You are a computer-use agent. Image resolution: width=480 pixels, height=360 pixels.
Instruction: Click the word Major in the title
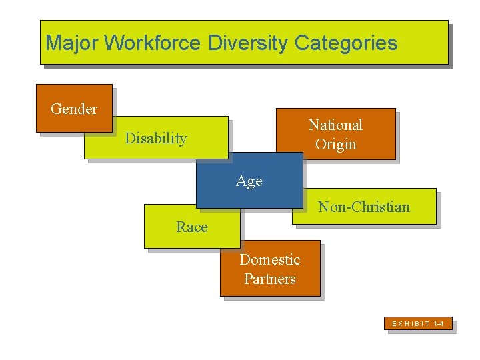72,43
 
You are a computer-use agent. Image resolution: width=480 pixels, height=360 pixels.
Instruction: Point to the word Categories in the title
346,43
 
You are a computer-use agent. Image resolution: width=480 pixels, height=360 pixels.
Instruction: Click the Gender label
74,109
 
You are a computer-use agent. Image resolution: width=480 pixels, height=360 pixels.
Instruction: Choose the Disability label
156,139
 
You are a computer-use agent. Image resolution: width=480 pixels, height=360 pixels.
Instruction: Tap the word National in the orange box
335,125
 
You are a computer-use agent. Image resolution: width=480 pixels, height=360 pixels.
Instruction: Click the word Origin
336,144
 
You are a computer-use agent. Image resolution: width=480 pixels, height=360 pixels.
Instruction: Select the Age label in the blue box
249,181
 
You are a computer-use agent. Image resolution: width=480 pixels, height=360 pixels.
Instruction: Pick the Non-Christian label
364,207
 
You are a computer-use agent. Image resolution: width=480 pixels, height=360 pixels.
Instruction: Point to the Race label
192,227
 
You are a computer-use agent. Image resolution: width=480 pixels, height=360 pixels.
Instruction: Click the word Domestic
270,259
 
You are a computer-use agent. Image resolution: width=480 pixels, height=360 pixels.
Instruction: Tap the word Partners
270,279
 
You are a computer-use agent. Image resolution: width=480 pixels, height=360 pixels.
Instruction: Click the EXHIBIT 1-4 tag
418,324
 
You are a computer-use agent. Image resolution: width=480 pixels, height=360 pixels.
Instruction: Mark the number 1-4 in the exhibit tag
439,324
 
